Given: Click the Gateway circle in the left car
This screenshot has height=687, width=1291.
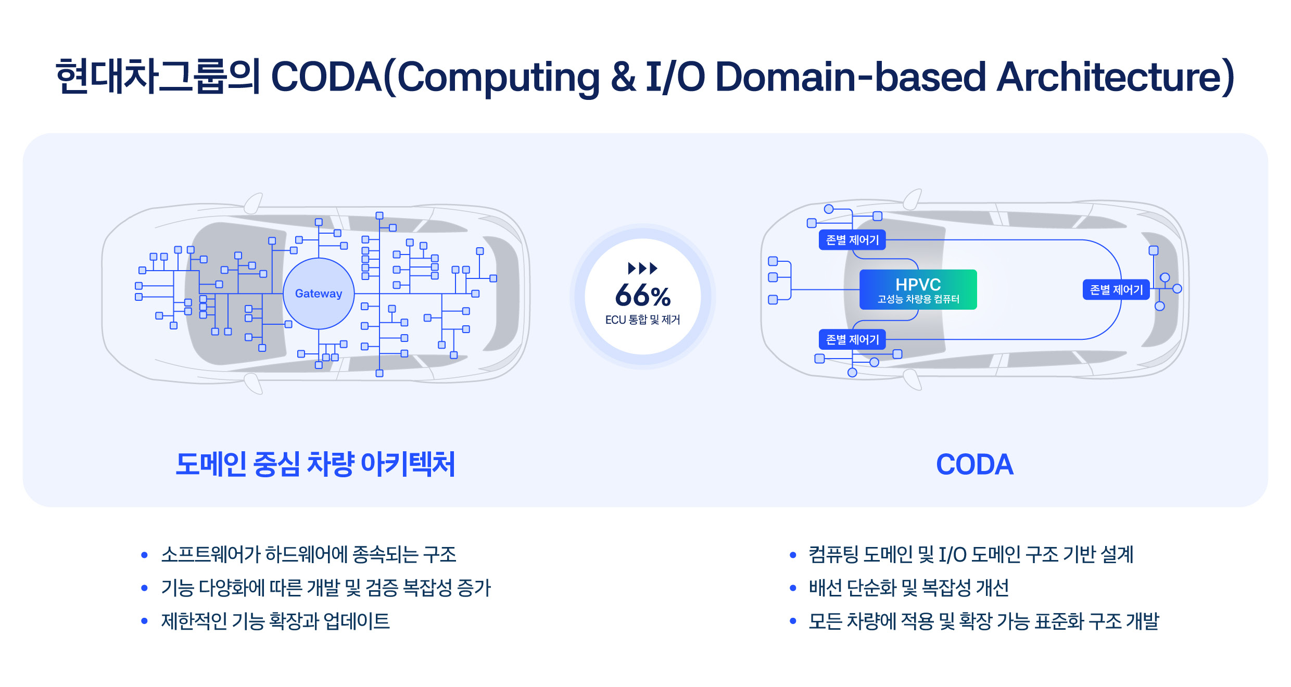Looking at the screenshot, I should point(319,294).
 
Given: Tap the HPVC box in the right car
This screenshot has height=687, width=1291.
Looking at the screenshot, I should point(918,284).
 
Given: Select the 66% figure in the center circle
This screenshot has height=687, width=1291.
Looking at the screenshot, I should point(642,296).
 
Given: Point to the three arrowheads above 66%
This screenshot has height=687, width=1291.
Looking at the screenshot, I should point(642,269).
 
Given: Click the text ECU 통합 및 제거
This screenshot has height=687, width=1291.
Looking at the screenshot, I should point(642,320).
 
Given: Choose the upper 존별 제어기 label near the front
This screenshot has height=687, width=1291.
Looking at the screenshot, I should point(852,240).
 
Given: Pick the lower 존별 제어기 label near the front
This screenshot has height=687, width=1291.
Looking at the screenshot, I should point(852,339).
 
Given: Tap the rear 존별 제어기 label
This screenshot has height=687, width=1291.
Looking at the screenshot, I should point(1116,289).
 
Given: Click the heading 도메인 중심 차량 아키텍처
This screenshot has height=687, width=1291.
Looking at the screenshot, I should point(315,464).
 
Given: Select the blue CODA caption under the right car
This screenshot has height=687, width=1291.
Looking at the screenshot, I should point(974,464).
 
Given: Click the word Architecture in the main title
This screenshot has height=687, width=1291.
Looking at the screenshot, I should point(1109,77).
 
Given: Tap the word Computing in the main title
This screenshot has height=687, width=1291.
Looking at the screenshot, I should point(498,77).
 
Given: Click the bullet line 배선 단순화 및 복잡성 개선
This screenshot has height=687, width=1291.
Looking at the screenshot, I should point(908,588).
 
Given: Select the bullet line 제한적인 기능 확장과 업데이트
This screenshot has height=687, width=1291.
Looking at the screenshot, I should point(275,621).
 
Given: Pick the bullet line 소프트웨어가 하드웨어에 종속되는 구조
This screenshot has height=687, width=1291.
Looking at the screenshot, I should point(309,554).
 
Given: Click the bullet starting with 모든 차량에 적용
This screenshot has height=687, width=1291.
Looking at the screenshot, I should point(983,621).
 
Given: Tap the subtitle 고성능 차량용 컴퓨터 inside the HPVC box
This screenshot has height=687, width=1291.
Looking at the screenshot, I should point(918,299).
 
